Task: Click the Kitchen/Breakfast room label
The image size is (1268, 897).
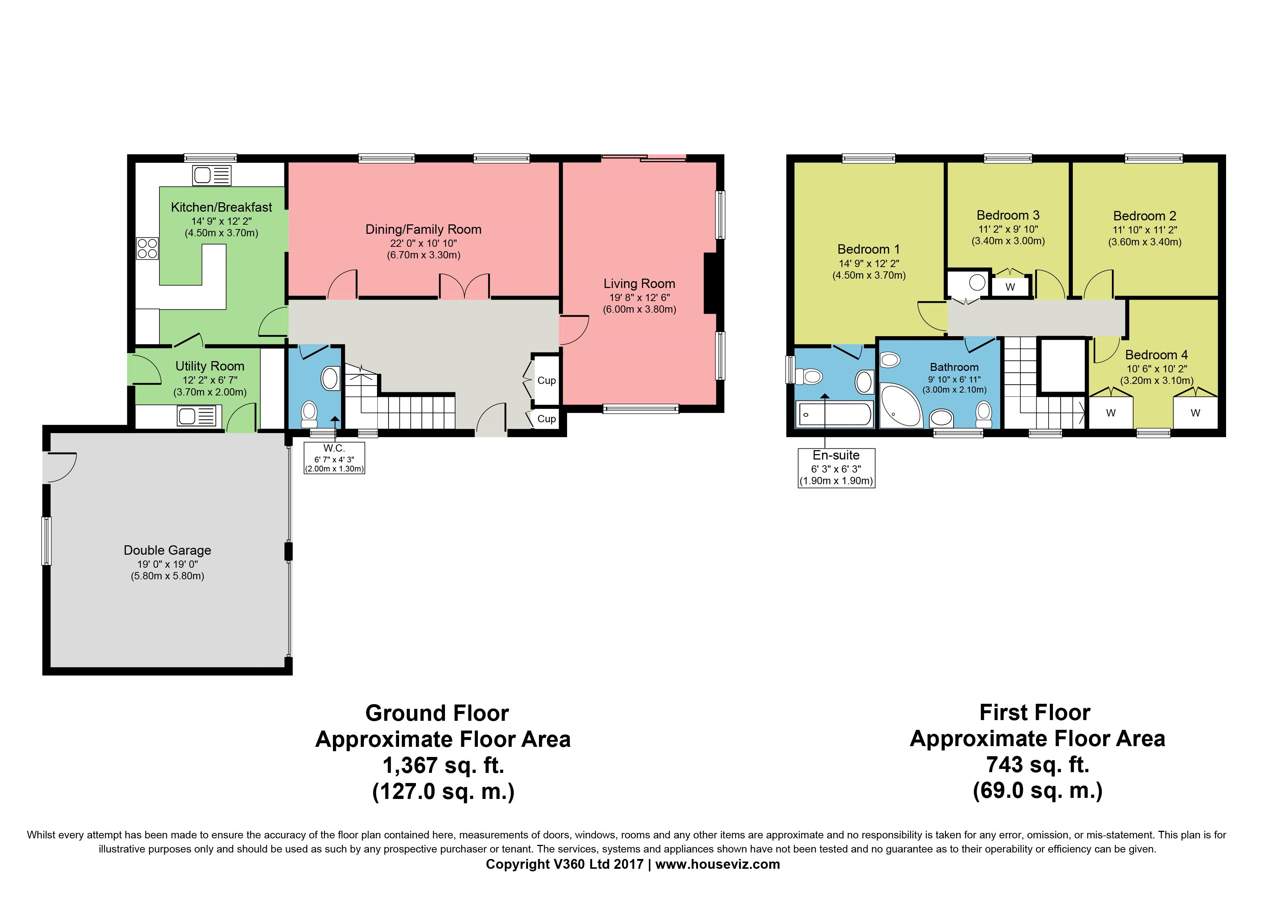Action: coord(222,207)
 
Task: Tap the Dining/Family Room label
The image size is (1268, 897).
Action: coord(424,229)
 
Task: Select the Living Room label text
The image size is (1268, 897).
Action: coord(639,284)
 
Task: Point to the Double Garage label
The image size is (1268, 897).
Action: coord(167,550)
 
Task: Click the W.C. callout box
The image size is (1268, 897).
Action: coord(334,458)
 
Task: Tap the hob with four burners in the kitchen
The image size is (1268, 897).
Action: coord(147,248)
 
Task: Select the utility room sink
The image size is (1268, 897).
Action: coord(197,416)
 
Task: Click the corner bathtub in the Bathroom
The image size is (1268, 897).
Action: coord(900,406)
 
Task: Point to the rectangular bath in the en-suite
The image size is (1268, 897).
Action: coord(834,414)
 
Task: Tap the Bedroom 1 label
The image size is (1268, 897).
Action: coord(869,249)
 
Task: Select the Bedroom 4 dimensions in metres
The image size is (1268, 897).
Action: coord(1157,381)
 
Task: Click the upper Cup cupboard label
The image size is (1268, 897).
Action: coord(547,380)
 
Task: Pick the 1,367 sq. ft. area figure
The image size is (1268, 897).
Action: coord(444,765)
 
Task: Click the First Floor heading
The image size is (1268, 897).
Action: coord(1035,712)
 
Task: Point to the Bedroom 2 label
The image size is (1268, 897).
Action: coord(1145,216)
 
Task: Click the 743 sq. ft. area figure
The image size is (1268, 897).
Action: coord(1038,764)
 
